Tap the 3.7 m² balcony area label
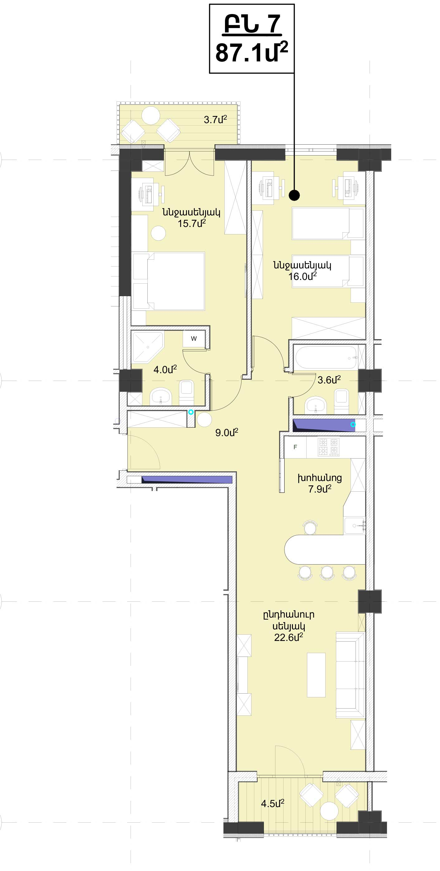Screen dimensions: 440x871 215,119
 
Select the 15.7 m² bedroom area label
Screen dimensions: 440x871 192,223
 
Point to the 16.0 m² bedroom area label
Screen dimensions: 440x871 303,276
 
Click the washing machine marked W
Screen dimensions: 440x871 194,339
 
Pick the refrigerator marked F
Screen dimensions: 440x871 295,447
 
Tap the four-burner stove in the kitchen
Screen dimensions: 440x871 329,447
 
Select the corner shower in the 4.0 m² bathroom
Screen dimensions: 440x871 148,347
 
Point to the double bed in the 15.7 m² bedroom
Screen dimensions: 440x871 169,281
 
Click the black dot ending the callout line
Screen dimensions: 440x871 294,195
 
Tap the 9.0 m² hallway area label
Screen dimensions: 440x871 227,432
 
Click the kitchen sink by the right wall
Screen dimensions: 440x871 355,526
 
